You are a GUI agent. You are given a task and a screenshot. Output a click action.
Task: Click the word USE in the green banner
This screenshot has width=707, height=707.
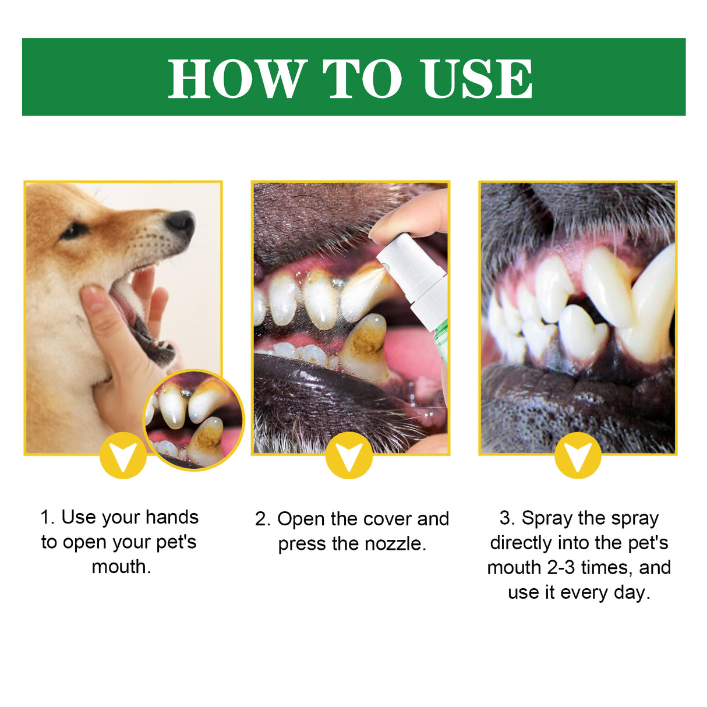pyautogui.click(x=477, y=79)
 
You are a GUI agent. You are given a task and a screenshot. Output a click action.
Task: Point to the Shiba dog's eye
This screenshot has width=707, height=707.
pyautogui.click(x=73, y=231)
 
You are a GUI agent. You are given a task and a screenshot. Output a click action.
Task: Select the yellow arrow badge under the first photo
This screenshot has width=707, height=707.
pyautogui.click(x=123, y=455)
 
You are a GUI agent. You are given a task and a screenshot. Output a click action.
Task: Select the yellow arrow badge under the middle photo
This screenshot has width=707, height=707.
pyautogui.click(x=349, y=455)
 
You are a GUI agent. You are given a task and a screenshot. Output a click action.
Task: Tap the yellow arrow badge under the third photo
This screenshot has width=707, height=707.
pyautogui.click(x=577, y=455)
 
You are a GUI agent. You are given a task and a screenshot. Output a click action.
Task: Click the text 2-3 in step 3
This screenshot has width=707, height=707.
pyautogui.click(x=560, y=567)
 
